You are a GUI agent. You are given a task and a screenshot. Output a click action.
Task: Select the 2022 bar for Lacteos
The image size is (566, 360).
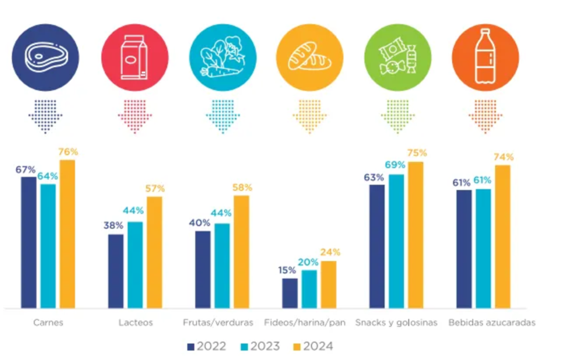[116, 271]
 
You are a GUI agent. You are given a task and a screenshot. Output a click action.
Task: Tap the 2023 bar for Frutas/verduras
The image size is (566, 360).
[222, 265]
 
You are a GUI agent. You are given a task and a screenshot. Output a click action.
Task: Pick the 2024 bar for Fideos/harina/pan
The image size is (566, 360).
[328, 284]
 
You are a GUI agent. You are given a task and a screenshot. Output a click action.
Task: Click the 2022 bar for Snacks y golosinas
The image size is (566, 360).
[377, 246]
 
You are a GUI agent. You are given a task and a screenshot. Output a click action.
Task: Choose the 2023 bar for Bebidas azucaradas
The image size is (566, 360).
[483, 248]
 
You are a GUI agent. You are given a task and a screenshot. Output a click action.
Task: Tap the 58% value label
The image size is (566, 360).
[242, 187]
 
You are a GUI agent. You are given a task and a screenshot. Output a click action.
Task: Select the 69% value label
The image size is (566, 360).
[396, 165]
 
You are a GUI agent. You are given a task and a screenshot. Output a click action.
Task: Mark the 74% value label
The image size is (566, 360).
[503, 157]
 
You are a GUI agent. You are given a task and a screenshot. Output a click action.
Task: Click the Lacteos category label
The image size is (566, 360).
[135, 323]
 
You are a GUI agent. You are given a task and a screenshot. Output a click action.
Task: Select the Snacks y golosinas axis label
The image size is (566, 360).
[396, 323]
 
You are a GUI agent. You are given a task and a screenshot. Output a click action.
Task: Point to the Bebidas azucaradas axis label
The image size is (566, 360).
[491, 323]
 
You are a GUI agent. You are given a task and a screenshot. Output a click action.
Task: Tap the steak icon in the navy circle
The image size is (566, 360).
[45, 58]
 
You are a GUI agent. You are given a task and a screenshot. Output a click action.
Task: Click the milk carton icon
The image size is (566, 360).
[134, 58]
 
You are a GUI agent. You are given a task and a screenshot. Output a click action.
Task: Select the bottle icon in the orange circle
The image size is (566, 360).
[485, 58]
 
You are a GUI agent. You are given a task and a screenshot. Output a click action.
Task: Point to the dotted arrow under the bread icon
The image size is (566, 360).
[310, 116]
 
